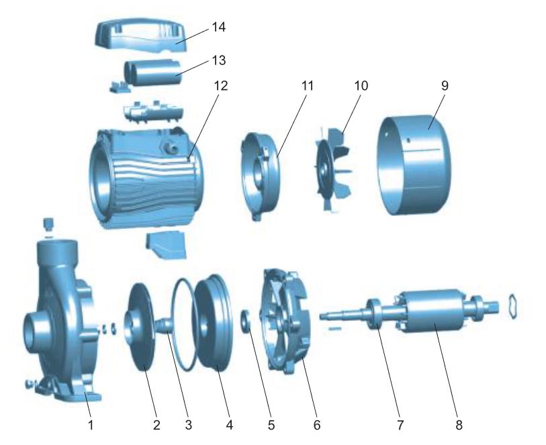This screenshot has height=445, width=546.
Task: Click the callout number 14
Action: [218, 27]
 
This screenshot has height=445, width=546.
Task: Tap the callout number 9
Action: [445, 86]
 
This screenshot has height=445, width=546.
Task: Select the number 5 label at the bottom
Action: [271, 425]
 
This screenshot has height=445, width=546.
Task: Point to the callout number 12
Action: [221, 86]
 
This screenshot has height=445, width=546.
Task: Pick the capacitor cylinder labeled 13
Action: [154, 73]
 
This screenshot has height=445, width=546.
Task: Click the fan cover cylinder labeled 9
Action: [414, 165]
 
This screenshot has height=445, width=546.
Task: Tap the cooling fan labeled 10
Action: [332, 169]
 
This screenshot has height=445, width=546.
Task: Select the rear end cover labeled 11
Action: [261, 176]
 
